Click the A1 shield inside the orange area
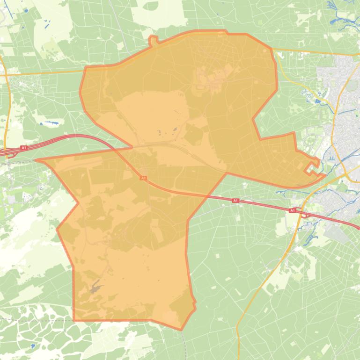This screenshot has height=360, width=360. [x=143, y=178]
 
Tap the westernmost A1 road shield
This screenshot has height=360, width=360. [x=24, y=148]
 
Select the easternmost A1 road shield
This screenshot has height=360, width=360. [x=292, y=210]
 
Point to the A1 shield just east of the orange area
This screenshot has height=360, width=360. [x=235, y=201]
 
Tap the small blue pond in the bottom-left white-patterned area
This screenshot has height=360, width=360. [x=32, y=346]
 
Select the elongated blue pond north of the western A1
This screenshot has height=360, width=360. [x=51, y=123]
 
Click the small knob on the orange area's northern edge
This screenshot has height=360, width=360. [x=151, y=41]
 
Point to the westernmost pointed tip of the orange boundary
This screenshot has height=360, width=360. [x=37, y=160]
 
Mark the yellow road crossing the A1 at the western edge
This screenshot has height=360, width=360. [x=7, y=151]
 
